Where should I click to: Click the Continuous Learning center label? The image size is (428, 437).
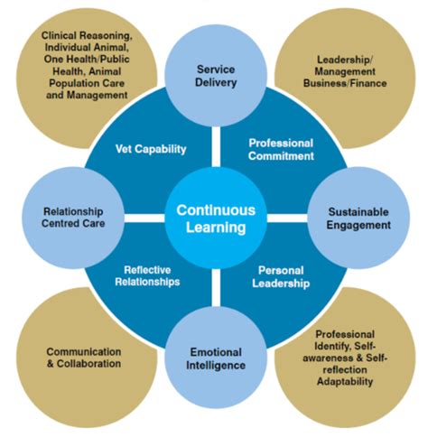pyautogui.click(x=216, y=218)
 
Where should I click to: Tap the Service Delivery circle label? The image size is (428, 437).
pyautogui.click(x=216, y=76)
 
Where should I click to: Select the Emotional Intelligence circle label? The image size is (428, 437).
pyautogui.click(x=216, y=358)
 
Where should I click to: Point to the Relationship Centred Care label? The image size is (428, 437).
pyautogui.click(x=73, y=218)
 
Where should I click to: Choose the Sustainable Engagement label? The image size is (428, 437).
pyautogui.click(x=358, y=218)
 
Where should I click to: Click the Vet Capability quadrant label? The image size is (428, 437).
pyautogui.click(x=151, y=149)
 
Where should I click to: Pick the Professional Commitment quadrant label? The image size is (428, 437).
pyautogui.click(x=281, y=150)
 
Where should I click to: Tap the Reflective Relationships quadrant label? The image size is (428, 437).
pyautogui.click(x=147, y=275)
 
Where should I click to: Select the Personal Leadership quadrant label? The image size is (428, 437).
pyautogui.click(x=281, y=277)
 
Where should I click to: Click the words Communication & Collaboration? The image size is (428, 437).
pyautogui.click(x=84, y=358)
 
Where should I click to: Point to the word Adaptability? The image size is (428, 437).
pyautogui.click(x=345, y=382)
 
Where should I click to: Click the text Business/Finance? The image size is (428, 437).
pyautogui.click(x=345, y=83)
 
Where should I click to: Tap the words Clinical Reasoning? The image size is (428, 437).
pyautogui.click(x=87, y=36)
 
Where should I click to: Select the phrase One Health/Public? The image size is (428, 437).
pyautogui.click(x=87, y=59)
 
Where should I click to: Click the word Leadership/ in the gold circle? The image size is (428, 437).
pyautogui.click(x=345, y=60)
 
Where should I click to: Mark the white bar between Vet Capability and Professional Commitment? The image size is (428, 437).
pyautogui.click(x=216, y=146)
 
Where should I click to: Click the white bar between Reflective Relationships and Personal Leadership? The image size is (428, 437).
pyautogui.click(x=216, y=289)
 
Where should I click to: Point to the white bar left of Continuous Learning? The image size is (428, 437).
pyautogui.click(x=144, y=218)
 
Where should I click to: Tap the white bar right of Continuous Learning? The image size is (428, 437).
pyautogui.click(x=287, y=218)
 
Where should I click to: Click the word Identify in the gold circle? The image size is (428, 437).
pyautogui.click(x=332, y=347)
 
